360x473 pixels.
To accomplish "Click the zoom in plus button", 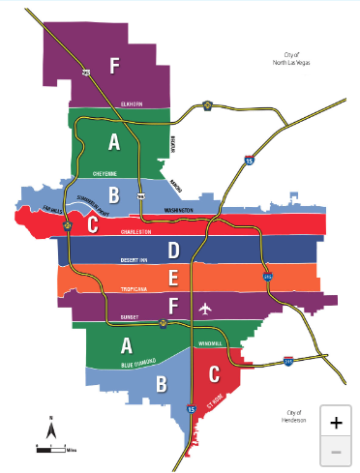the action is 335,423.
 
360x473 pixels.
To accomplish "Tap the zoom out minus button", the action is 335,451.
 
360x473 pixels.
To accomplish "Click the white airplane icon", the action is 204,309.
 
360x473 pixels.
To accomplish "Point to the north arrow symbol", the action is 50,425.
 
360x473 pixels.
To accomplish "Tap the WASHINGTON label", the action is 178,210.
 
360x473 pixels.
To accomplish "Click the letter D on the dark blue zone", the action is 173,251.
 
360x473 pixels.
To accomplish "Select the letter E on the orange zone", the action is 173,280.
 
